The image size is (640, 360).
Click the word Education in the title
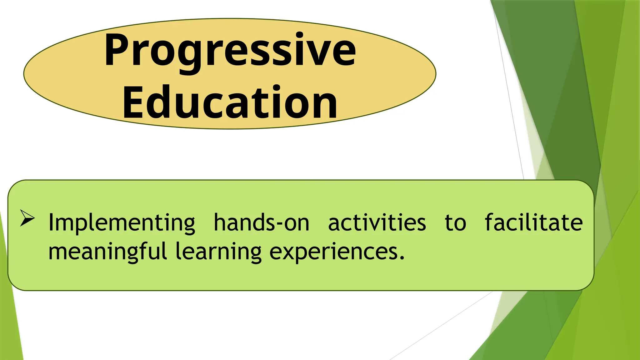coord(230,102)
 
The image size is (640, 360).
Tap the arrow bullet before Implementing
coord(27,218)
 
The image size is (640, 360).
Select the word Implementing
coord(122,223)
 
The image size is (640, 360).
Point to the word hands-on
coord(261,223)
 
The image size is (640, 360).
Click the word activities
coord(377,223)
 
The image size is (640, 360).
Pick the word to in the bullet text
coord(455,223)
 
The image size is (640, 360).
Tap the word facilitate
coord(533,223)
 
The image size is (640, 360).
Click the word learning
coord(218,252)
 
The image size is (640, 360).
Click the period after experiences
coord(402,258)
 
